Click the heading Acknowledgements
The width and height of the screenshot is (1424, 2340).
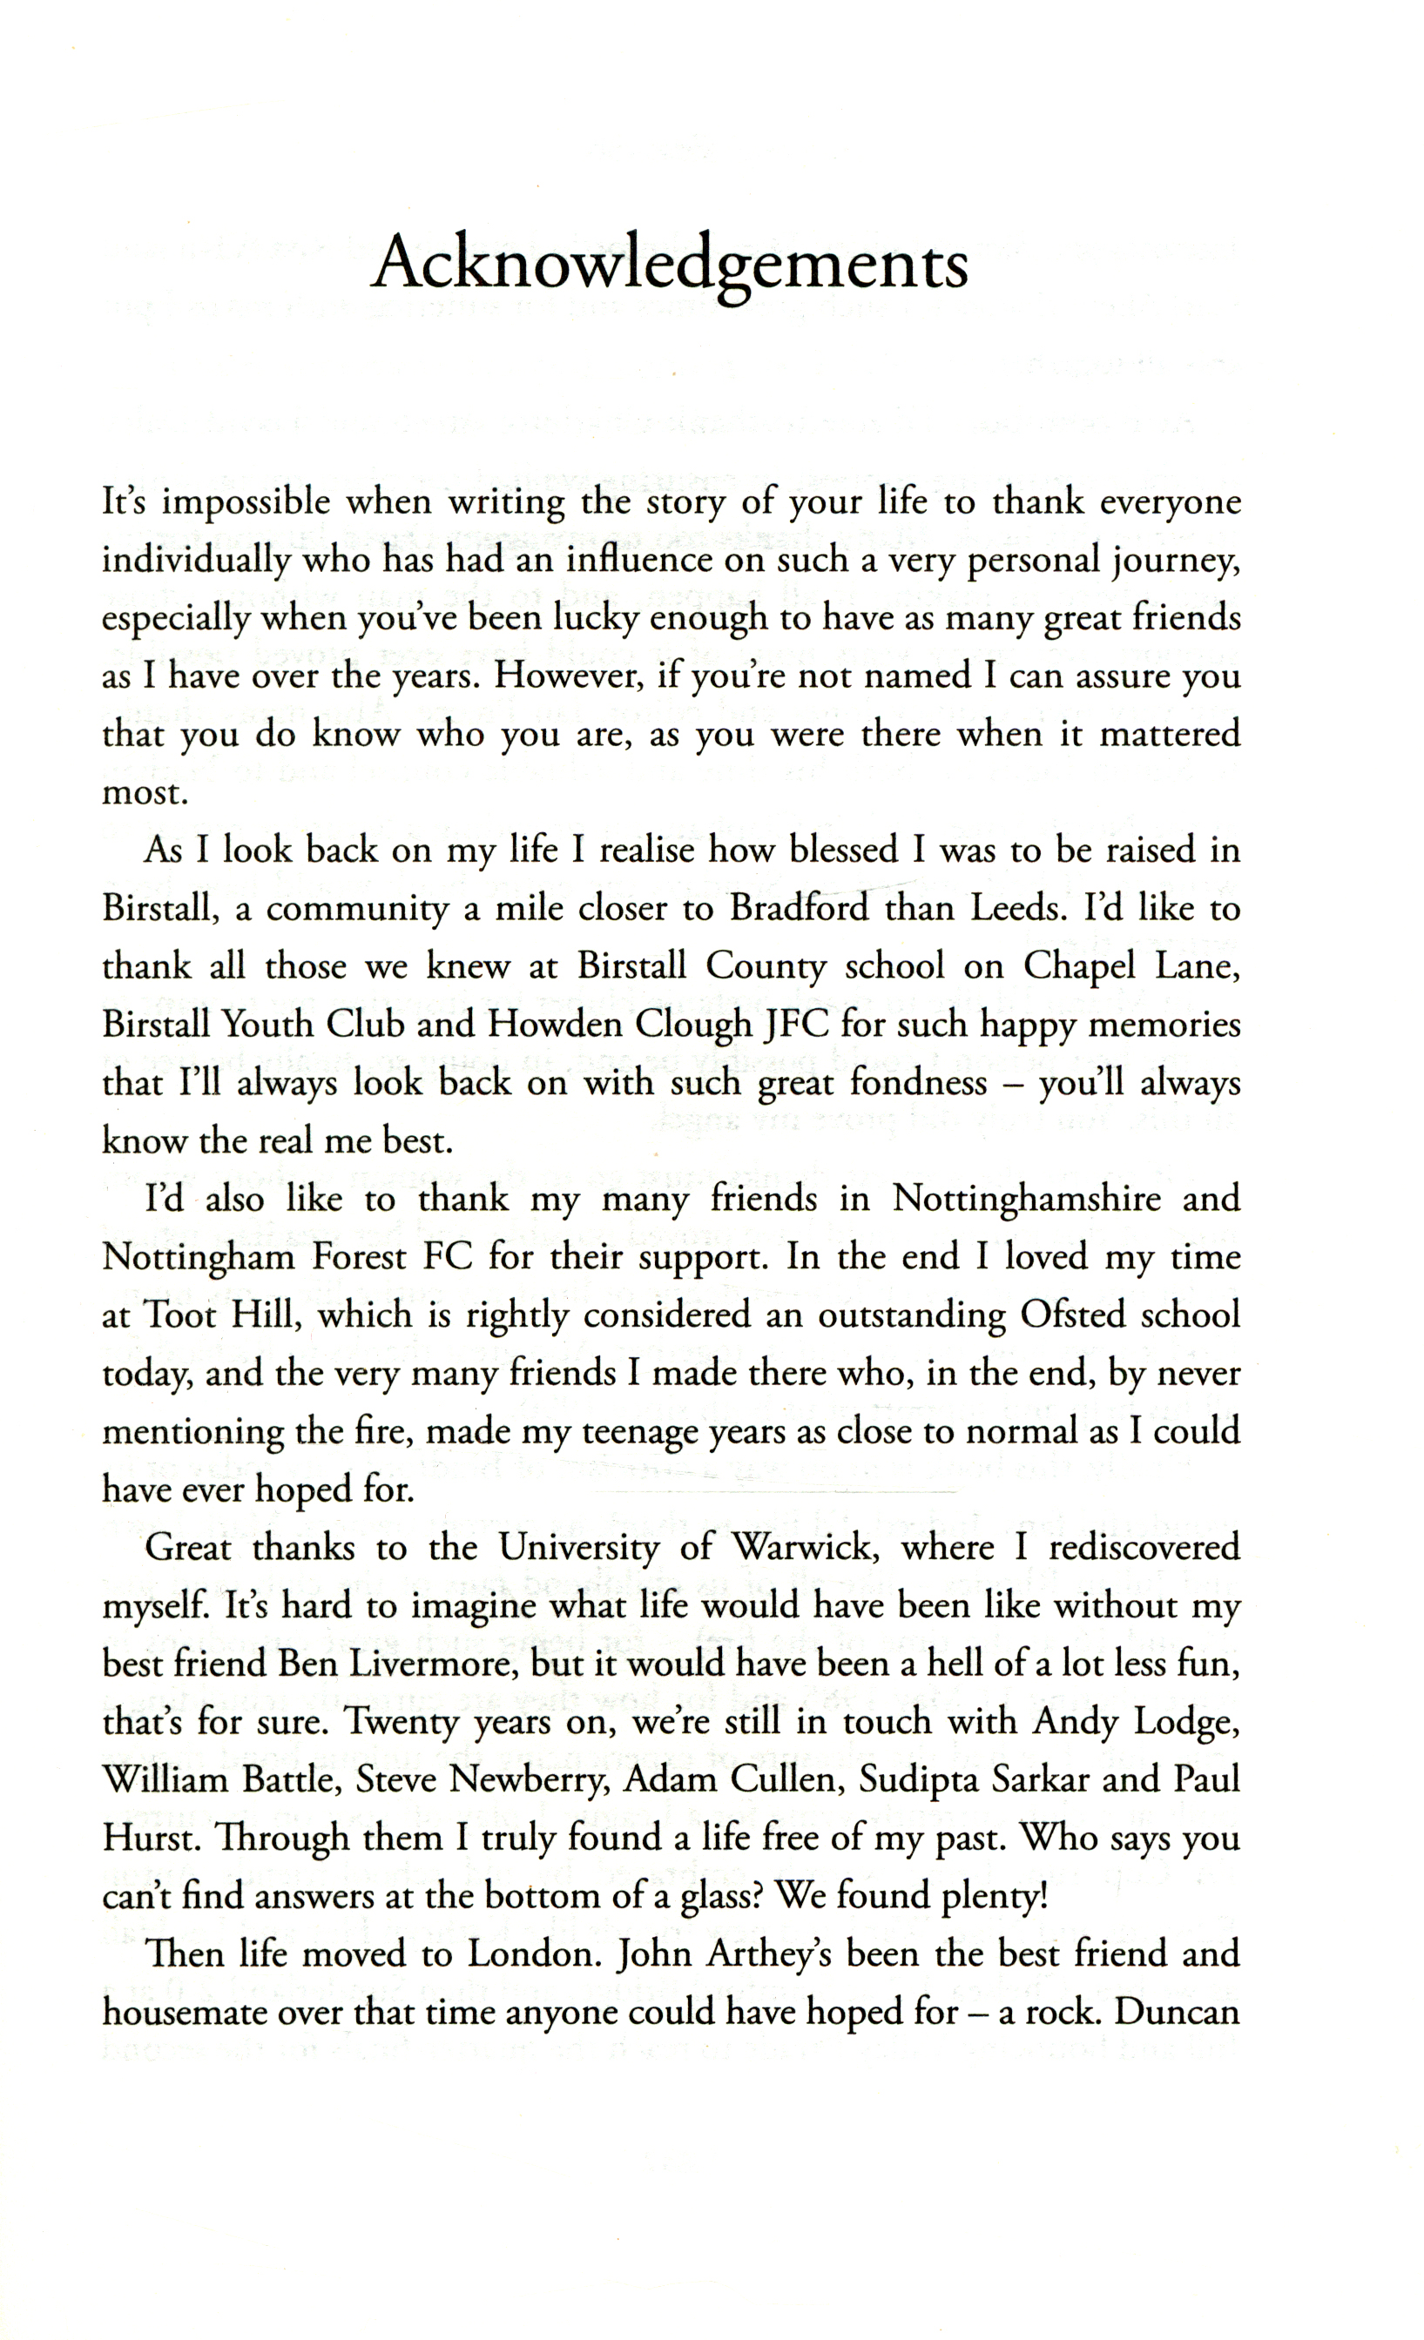tap(670, 264)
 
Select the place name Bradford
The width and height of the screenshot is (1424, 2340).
tap(798, 908)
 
